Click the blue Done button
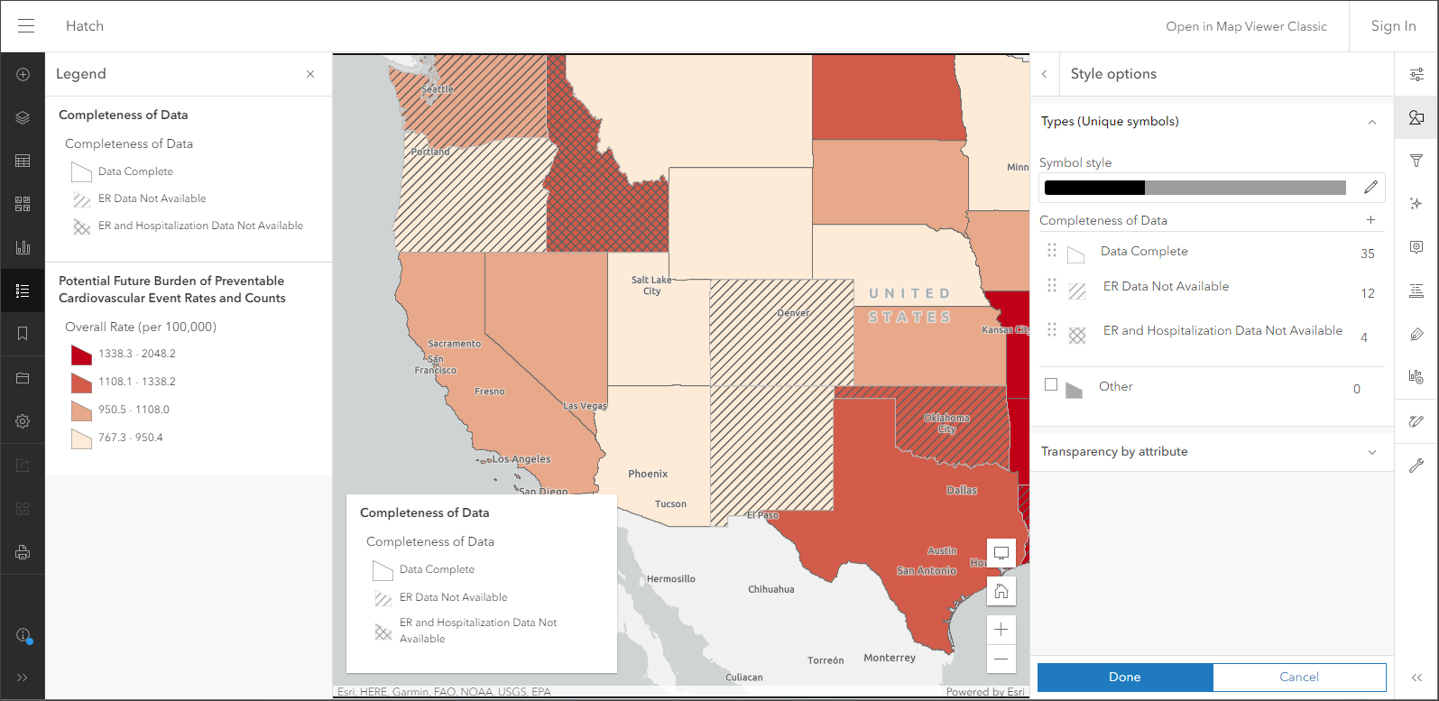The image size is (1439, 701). pyautogui.click(x=1124, y=677)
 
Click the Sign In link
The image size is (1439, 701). pyautogui.click(x=1393, y=26)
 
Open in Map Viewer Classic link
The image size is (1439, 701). pyautogui.click(x=1246, y=26)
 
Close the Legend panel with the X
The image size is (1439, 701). pyautogui.click(x=310, y=74)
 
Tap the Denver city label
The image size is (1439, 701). pyautogui.click(x=793, y=313)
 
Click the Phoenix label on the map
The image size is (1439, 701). pyautogui.click(x=648, y=474)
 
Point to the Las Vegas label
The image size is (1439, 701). pyautogui.click(x=585, y=406)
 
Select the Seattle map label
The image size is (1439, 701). pyautogui.click(x=438, y=89)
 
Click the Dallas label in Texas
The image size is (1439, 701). pyautogui.click(x=962, y=490)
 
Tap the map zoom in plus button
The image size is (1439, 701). pyautogui.click(x=1001, y=630)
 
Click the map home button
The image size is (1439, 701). pyautogui.click(x=1001, y=592)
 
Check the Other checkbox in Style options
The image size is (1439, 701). pyautogui.click(x=1051, y=385)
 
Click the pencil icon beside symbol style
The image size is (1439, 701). pyautogui.click(x=1370, y=188)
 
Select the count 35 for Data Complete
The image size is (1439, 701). pyautogui.click(x=1367, y=254)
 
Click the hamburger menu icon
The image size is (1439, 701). pyautogui.click(x=26, y=26)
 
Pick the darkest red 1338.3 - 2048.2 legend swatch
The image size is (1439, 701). pyautogui.click(x=81, y=355)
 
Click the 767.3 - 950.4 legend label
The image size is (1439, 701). pyautogui.click(x=131, y=438)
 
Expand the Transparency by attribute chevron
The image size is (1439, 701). pyautogui.click(x=1372, y=452)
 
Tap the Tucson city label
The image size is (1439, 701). pyautogui.click(x=670, y=504)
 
